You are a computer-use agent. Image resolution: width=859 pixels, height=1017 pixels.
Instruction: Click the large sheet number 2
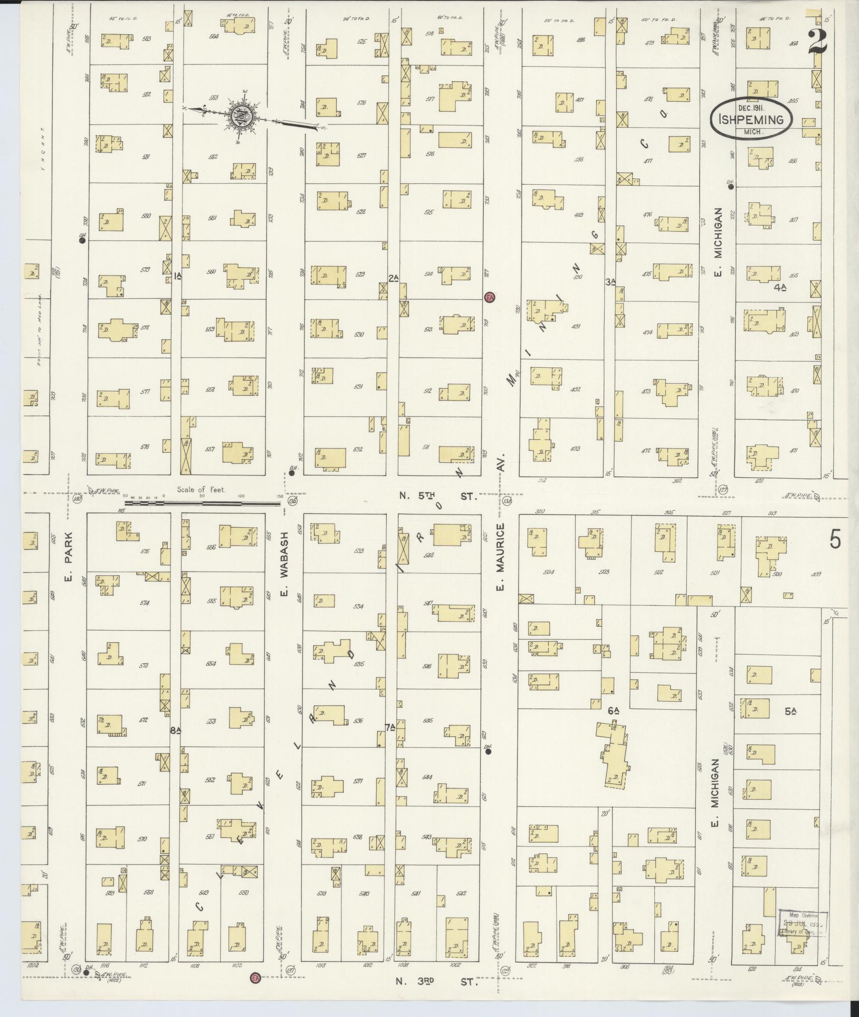point(816,39)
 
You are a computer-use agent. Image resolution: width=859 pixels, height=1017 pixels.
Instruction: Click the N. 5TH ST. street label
point(437,497)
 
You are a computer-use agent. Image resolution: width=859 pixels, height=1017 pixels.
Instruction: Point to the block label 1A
point(177,276)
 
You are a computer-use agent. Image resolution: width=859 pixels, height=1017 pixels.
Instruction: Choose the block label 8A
point(175,730)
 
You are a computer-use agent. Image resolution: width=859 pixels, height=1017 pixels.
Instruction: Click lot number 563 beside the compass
point(214,98)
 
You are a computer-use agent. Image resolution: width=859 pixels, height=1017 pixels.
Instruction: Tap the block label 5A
point(790,711)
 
